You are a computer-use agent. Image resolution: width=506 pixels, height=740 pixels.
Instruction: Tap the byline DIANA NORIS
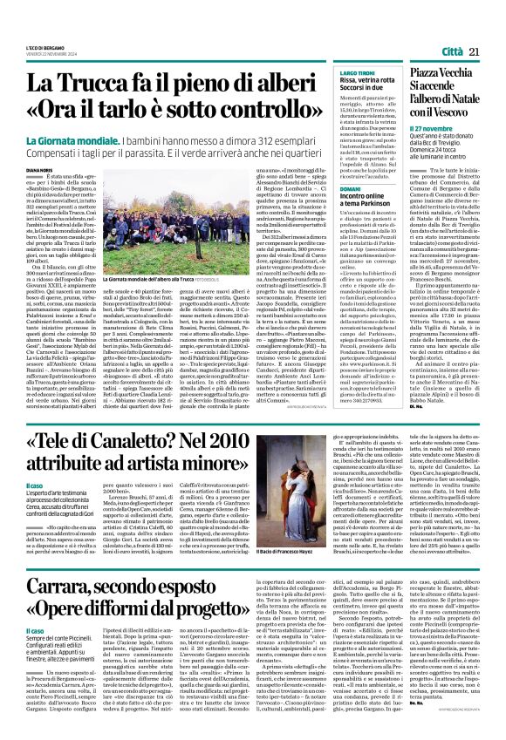point(38,171)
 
